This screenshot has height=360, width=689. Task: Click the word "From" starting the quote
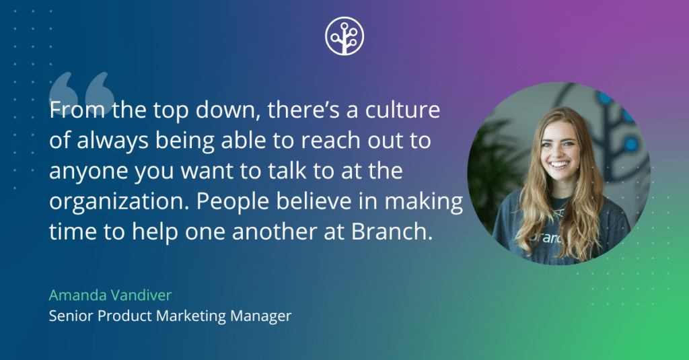click(x=73, y=110)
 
